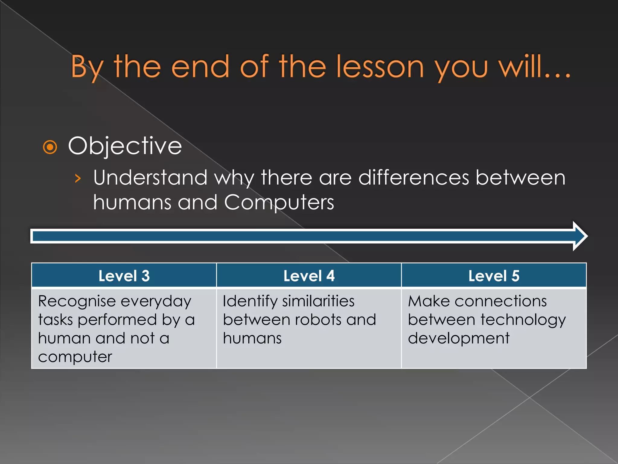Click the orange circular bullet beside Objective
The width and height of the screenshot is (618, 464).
(50, 147)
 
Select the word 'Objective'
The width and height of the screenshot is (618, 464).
(125, 146)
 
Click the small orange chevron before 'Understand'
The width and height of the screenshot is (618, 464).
(78, 179)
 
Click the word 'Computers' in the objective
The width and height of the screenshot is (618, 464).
(279, 202)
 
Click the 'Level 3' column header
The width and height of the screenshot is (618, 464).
(124, 276)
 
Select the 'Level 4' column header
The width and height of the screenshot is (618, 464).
(309, 276)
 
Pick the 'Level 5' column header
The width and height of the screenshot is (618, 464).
(494, 276)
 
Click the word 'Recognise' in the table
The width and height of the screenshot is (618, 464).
(77, 301)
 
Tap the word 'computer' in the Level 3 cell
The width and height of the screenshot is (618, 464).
(75, 357)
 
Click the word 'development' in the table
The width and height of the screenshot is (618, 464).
(458, 339)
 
